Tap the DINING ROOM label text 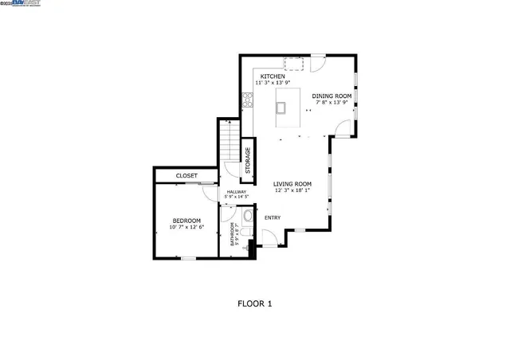331,96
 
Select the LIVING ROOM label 291,184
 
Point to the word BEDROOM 186,221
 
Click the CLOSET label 186,175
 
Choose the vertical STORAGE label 248,160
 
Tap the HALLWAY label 237,192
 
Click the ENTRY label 273,217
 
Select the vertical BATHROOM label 233,233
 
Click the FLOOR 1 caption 255,303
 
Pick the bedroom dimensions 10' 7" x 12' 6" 186,227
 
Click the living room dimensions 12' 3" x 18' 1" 291,190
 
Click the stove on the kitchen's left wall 248,100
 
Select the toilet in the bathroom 247,217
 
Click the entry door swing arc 270,237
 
